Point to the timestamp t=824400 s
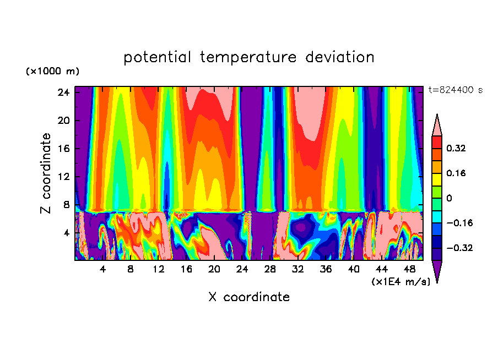455,90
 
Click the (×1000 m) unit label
52,72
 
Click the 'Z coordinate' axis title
46,173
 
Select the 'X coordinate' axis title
249,297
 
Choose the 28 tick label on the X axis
270,270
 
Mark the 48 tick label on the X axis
410,270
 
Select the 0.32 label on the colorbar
456,148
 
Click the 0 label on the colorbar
449,198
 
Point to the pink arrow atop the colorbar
437,125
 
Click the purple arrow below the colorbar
437,271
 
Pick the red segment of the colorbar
437,142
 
